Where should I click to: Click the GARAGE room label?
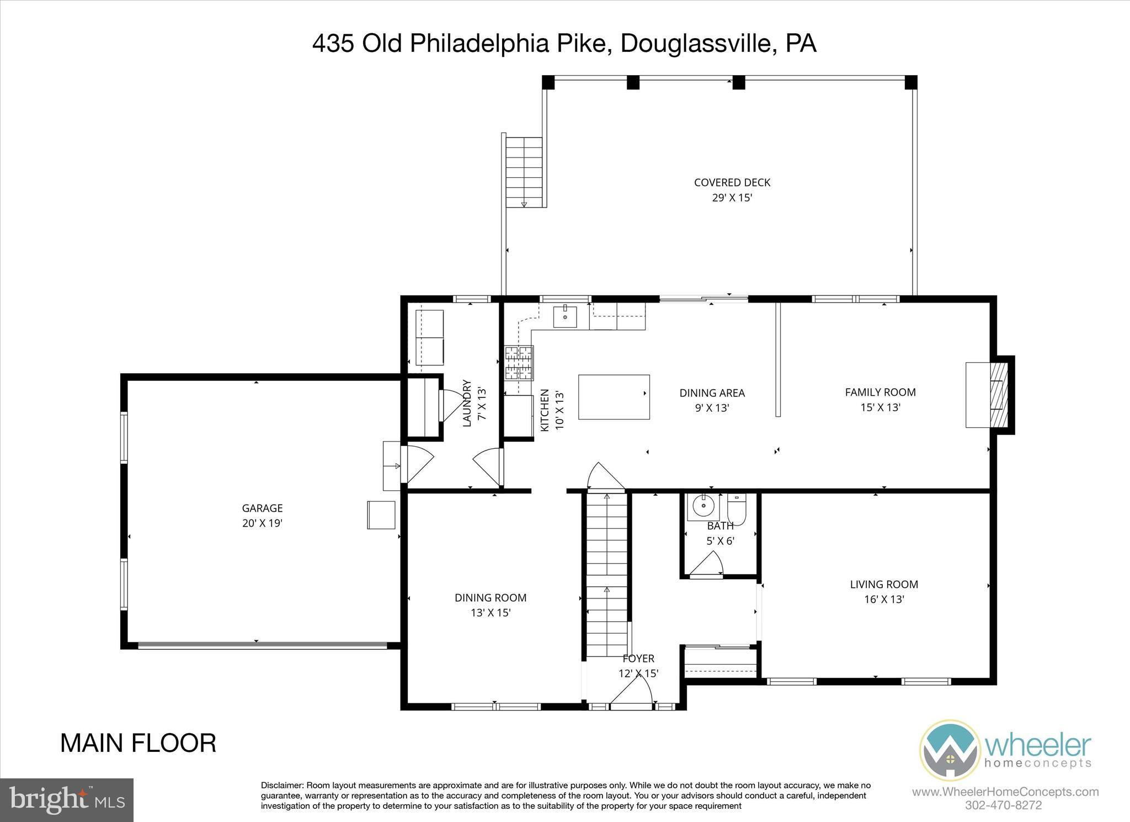coord(262,508)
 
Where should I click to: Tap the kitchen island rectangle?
coord(614,397)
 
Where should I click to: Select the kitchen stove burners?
coord(519,363)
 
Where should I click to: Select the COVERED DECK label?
coord(732,183)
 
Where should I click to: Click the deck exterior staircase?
coord(524,172)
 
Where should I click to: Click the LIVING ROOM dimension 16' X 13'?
coord(884,599)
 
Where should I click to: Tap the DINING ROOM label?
coord(490,597)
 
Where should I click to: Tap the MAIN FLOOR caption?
coord(138,743)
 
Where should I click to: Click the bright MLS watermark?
coord(67,800)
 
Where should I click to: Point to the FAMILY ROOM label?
coord(880,392)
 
